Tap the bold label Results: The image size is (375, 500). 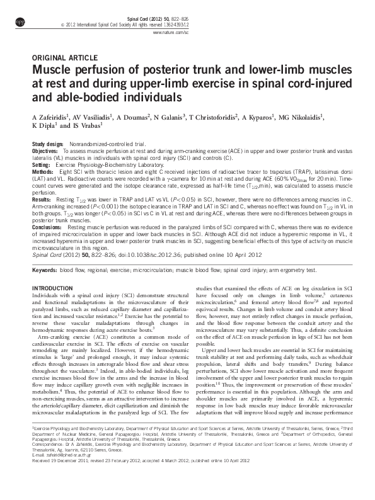42,198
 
